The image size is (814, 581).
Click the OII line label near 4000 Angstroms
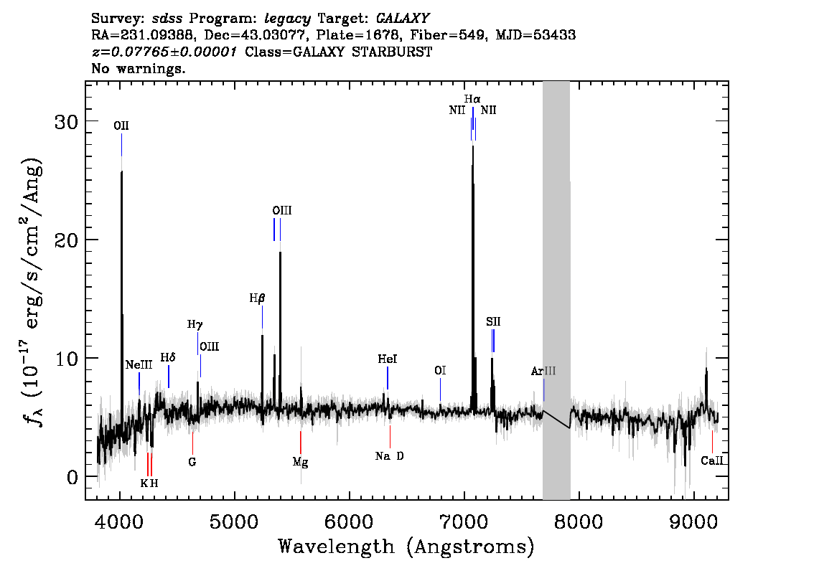click(121, 126)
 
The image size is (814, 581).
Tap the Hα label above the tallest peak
click(472, 99)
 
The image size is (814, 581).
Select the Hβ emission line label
click(257, 298)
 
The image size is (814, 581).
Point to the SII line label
click(493, 321)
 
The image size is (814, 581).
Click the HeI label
click(388, 359)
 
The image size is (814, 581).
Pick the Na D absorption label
click(389, 456)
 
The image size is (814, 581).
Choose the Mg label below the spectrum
click(300, 462)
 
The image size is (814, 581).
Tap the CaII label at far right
click(711, 461)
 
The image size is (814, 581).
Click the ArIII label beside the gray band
click(543, 372)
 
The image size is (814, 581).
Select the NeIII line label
click(139, 364)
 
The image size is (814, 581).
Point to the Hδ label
click(168, 357)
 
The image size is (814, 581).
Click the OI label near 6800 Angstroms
click(440, 371)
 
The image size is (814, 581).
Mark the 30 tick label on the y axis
click(67, 121)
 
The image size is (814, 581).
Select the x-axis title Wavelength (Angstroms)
click(406, 547)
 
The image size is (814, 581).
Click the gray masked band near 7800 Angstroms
click(556, 287)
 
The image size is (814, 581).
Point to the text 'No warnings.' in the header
click(139, 70)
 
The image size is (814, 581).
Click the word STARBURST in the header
click(398, 52)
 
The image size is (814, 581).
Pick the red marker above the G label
click(192, 442)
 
